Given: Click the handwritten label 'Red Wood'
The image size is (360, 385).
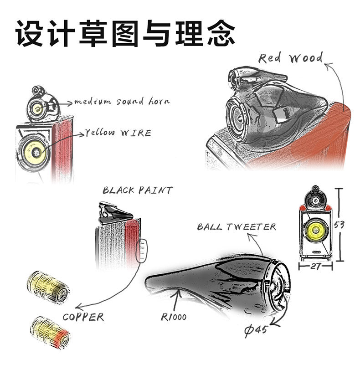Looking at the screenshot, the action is coord(290,58).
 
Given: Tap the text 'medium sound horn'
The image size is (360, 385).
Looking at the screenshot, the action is coord(121,101).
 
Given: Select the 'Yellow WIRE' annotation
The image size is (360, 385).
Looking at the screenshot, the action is coord(118,133).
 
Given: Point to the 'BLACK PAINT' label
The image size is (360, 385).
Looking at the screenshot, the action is coord(138,190).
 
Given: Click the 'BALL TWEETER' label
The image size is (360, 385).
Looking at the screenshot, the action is coord(237,226).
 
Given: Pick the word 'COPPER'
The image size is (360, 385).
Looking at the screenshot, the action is coord(83,317).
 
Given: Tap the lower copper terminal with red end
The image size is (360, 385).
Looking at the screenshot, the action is coord(49,331).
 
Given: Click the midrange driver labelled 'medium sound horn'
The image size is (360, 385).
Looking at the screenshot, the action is coord(37,108).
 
